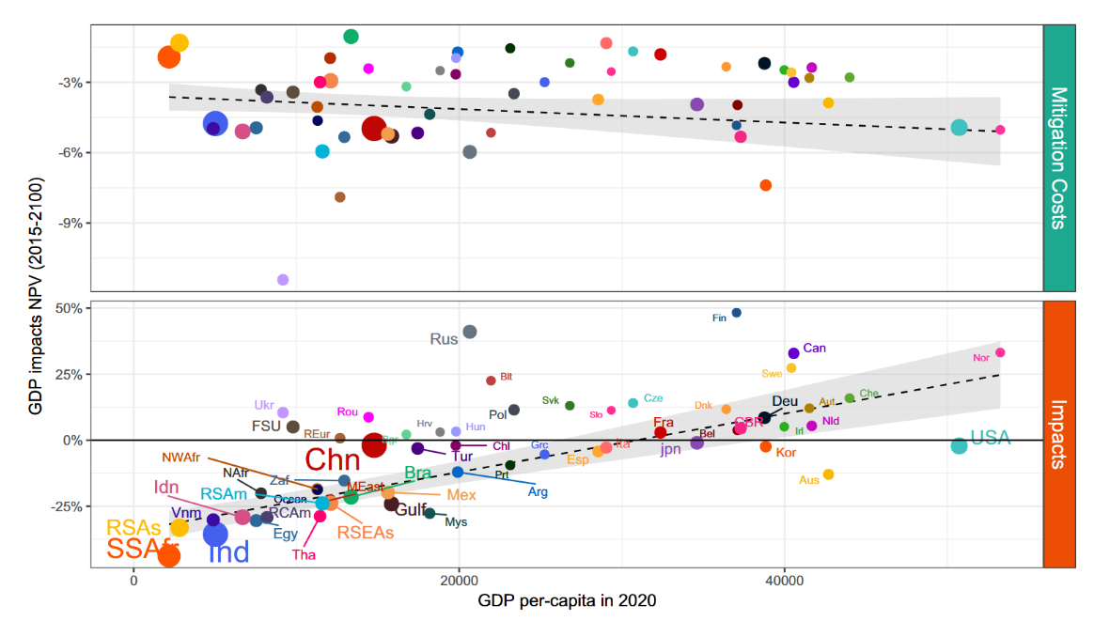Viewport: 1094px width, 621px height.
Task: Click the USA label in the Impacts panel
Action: pos(991,437)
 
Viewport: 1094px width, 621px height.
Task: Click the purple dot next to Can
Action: pos(793,353)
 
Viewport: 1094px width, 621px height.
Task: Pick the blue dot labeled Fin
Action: pos(737,313)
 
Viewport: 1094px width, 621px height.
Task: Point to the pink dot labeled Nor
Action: pos(1000,352)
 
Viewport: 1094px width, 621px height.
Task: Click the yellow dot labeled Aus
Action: pos(828,474)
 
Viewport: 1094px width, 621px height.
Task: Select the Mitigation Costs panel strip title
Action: pos(1058,158)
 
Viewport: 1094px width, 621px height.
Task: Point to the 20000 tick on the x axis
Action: pos(459,581)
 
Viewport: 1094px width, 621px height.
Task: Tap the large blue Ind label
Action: pos(227,552)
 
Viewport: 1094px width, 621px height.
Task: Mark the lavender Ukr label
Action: pos(264,406)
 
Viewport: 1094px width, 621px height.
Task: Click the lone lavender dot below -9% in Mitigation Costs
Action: pos(283,279)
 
